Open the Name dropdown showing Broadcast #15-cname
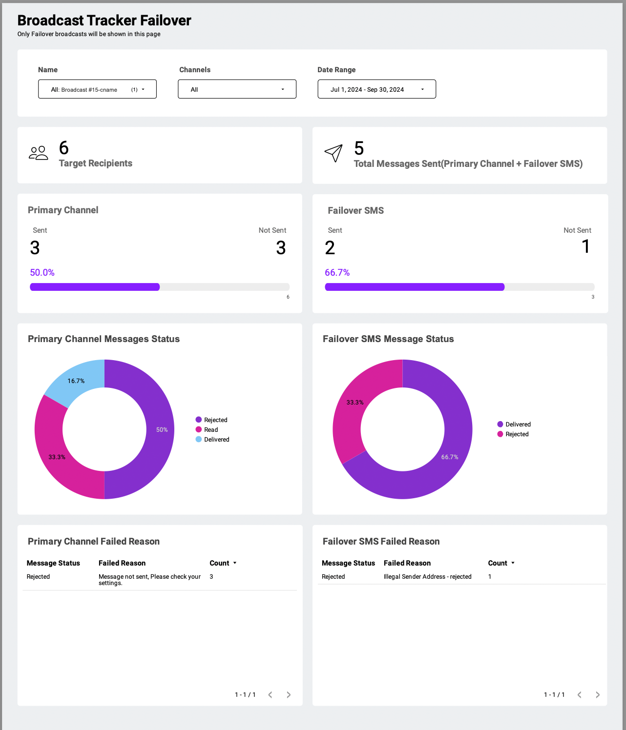coord(97,89)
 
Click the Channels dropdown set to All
coord(237,89)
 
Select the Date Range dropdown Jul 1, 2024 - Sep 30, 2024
coord(376,89)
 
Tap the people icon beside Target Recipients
coord(38,153)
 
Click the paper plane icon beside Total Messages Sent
coord(334,153)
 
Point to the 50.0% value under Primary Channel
coord(42,272)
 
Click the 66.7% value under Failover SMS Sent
coord(337,272)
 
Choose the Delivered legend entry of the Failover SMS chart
coord(514,424)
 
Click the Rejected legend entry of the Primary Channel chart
coord(211,420)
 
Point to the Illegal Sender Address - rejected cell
coord(427,576)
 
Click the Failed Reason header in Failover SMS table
coord(407,563)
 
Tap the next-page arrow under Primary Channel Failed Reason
coord(289,695)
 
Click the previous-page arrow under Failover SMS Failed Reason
coord(579,695)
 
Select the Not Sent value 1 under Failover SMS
coord(585,246)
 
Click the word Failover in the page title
coord(166,20)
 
